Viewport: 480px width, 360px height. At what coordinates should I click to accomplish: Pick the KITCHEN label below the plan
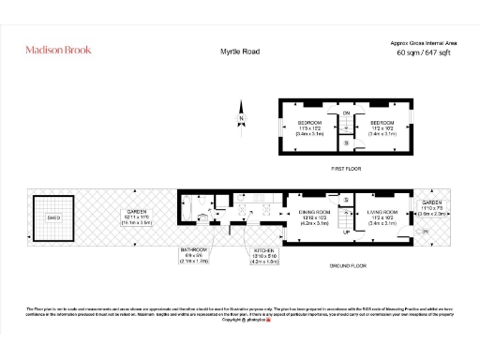point(265,250)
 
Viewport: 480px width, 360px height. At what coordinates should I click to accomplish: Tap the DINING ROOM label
point(314,214)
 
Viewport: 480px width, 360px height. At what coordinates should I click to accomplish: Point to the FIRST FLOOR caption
point(346,169)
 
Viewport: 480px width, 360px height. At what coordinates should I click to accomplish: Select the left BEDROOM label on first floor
point(310,124)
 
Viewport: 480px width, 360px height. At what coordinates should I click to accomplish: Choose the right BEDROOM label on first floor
point(382,124)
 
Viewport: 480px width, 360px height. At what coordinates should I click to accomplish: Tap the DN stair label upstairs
point(346,113)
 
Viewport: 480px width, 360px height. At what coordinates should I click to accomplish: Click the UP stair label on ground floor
point(346,231)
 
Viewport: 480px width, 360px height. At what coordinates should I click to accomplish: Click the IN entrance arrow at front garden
point(427,231)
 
